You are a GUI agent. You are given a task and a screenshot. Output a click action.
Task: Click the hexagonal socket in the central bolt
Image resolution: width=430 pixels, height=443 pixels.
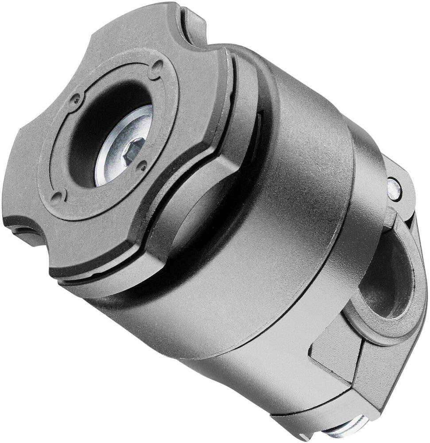[132, 150]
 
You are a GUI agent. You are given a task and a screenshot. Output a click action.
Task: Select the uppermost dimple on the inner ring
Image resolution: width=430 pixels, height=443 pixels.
[156, 68]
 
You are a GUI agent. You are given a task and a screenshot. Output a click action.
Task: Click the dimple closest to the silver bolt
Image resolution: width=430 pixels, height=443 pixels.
[142, 167]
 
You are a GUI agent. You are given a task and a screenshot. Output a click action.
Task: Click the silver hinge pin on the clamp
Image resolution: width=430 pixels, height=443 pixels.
[394, 188]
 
